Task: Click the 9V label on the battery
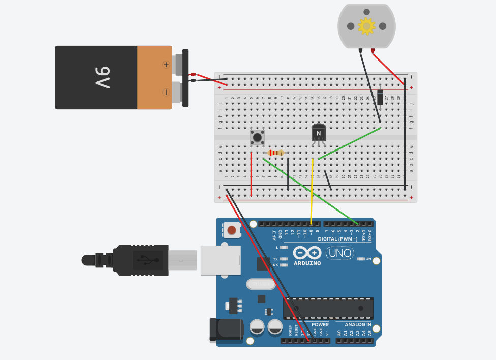(x=102, y=77)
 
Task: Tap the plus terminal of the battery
(x=166, y=65)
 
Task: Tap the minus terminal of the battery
(x=166, y=92)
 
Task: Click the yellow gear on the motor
(x=366, y=25)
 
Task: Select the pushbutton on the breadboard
(x=257, y=137)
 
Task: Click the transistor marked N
(x=319, y=133)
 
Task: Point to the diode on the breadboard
(x=380, y=96)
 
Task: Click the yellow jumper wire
(x=312, y=191)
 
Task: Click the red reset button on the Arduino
(x=232, y=230)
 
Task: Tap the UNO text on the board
(x=339, y=253)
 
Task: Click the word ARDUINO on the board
(x=307, y=263)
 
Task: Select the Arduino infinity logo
(x=307, y=253)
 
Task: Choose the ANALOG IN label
(x=358, y=324)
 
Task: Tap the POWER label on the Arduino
(x=320, y=324)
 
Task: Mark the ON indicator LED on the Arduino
(x=361, y=259)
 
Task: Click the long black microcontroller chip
(x=328, y=309)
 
